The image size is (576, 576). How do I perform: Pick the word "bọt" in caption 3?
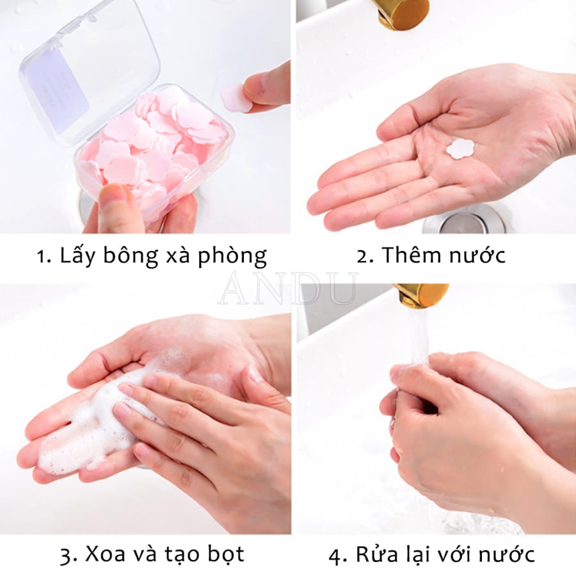click(224, 554)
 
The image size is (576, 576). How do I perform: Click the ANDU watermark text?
click(288, 288)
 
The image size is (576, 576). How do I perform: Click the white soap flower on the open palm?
click(460, 148)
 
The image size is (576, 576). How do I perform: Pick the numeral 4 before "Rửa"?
click(335, 554)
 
